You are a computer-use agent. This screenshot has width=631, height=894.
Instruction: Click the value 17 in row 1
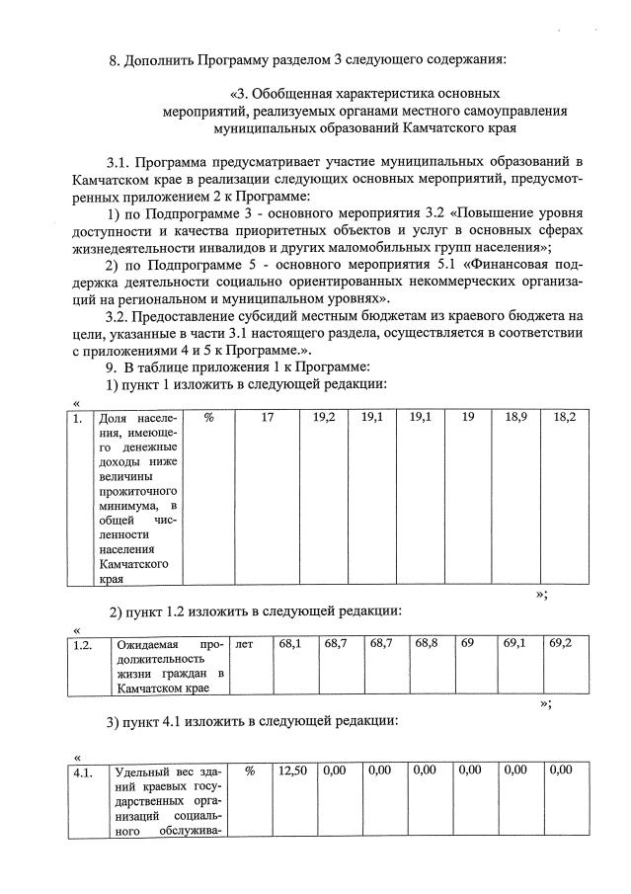(267, 418)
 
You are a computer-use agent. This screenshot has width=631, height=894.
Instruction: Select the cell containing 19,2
(324, 418)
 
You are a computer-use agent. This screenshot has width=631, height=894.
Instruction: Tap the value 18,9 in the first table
(515, 418)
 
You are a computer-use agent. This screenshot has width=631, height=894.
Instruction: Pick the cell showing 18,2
(565, 418)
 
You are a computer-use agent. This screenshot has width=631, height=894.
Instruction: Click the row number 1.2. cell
(84, 643)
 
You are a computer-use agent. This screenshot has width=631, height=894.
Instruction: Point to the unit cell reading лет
(245, 643)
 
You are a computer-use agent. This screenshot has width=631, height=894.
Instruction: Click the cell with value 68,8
(427, 643)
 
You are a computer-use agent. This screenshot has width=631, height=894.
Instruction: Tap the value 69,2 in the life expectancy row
(560, 643)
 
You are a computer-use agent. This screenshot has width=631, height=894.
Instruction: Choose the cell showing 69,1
(514, 643)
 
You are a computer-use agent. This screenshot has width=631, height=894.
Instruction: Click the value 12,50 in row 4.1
(290, 770)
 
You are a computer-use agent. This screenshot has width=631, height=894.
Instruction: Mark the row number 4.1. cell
(84, 771)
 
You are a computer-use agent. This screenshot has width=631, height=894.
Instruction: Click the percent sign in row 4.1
(250, 770)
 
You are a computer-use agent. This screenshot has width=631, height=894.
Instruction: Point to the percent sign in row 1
(208, 418)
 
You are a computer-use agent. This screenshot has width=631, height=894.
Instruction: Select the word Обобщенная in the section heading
(298, 93)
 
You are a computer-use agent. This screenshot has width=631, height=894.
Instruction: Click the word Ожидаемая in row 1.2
(145, 643)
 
